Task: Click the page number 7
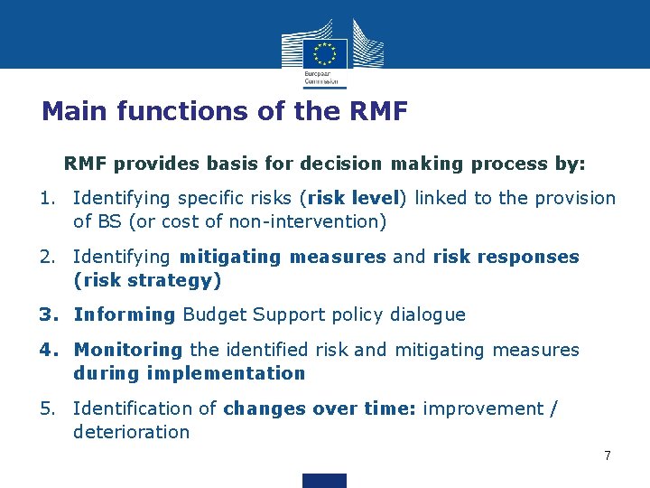(608, 455)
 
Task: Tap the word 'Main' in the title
(69, 111)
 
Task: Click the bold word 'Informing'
(125, 314)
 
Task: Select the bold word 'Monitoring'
(128, 350)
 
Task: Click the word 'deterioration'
(132, 432)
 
